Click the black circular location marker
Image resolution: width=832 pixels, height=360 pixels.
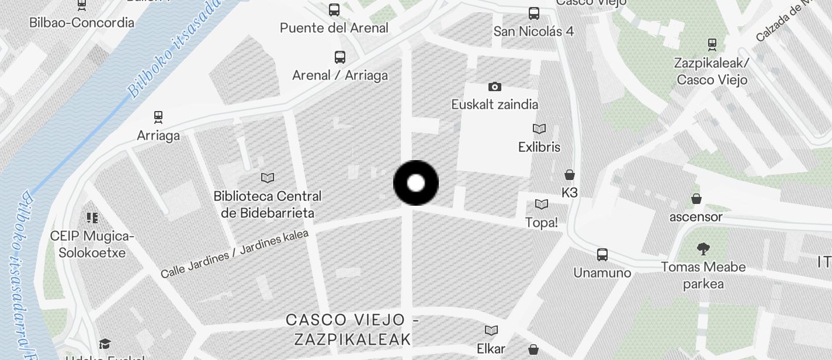pyautogui.click(x=416, y=183)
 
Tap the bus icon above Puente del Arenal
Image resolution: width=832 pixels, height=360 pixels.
pyautogui.click(x=334, y=10)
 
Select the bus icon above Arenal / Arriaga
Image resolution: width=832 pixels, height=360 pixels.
pyautogui.click(x=340, y=57)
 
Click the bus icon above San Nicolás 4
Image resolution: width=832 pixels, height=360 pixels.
pyautogui.click(x=533, y=13)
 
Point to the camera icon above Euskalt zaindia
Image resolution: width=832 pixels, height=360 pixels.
pyautogui.click(x=495, y=87)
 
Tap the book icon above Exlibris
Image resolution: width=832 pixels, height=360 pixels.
pyautogui.click(x=539, y=129)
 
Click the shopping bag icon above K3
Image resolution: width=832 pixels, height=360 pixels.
pyautogui.click(x=569, y=175)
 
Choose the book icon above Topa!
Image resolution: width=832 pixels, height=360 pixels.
pyautogui.click(x=542, y=204)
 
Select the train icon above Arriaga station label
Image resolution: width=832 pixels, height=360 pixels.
pyautogui.click(x=158, y=117)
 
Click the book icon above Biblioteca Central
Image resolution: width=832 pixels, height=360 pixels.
pyautogui.click(x=268, y=178)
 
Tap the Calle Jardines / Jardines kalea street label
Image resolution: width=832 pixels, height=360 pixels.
pyautogui.click(x=234, y=254)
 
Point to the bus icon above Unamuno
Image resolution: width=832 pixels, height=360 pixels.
pyautogui.click(x=602, y=255)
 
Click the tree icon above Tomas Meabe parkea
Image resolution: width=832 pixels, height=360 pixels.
pyautogui.click(x=703, y=249)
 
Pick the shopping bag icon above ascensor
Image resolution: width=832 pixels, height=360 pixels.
pyautogui.click(x=696, y=199)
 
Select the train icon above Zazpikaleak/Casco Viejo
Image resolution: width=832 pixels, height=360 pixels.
pyautogui.click(x=712, y=44)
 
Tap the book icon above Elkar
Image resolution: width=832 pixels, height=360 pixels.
pyautogui.click(x=491, y=331)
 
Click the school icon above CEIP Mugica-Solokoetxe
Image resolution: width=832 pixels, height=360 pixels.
pyautogui.click(x=92, y=218)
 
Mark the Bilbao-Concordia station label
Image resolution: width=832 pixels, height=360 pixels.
pyautogui.click(x=82, y=23)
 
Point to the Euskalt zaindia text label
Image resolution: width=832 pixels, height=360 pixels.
pyautogui.click(x=495, y=105)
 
